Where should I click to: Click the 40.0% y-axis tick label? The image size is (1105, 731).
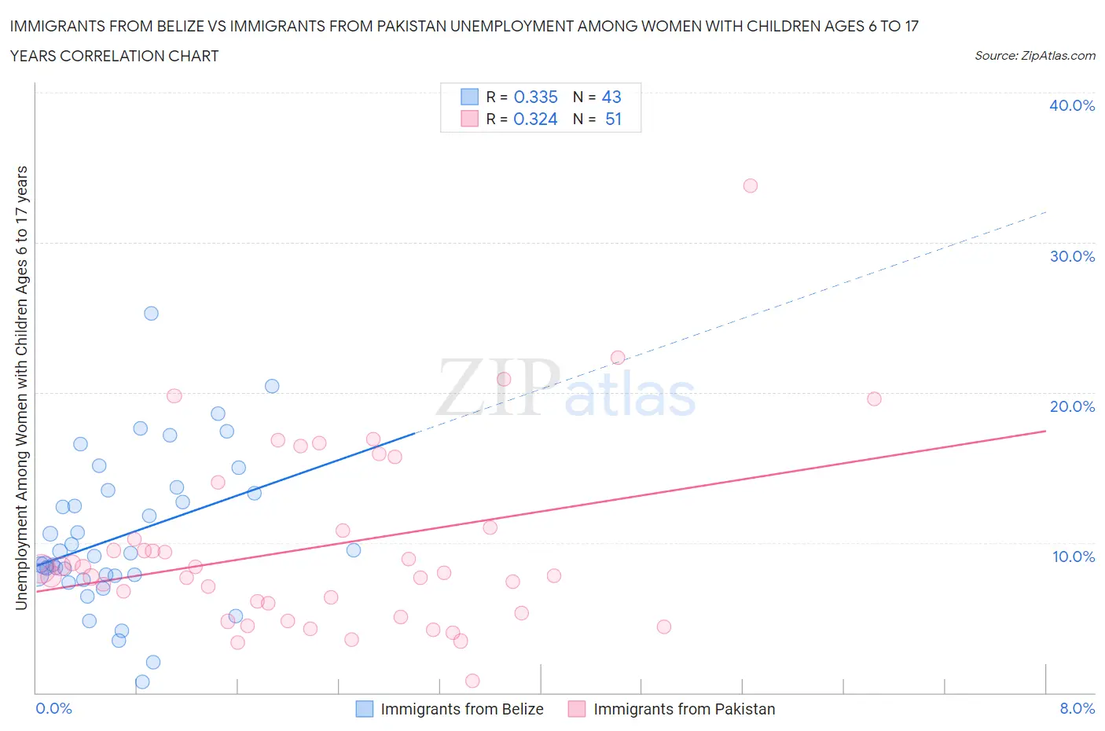click(x=1072, y=105)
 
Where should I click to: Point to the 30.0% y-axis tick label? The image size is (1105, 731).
click(x=1072, y=256)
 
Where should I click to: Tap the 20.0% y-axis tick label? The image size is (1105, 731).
click(x=1072, y=406)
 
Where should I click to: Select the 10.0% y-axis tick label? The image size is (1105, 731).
click(x=1073, y=557)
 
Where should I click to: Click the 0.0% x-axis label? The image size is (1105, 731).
click(x=53, y=708)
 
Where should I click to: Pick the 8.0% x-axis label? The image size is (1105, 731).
click(x=1077, y=708)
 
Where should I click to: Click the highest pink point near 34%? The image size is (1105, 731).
click(x=750, y=186)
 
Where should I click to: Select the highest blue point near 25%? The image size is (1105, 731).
click(x=151, y=313)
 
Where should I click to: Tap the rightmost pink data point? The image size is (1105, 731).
click(x=874, y=399)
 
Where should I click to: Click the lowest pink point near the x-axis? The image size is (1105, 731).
click(x=472, y=681)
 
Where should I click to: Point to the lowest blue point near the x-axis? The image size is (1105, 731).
click(x=142, y=681)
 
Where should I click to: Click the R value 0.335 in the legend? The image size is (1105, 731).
click(x=535, y=97)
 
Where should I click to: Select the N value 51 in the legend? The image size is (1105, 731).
click(x=613, y=119)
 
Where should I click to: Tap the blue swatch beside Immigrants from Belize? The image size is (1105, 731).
click(x=365, y=709)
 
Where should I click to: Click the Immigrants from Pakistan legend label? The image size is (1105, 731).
click(x=684, y=709)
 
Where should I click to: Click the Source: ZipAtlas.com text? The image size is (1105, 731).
click(x=1034, y=55)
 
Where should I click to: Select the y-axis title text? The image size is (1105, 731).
click(x=22, y=388)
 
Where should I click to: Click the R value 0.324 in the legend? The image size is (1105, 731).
click(x=535, y=119)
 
